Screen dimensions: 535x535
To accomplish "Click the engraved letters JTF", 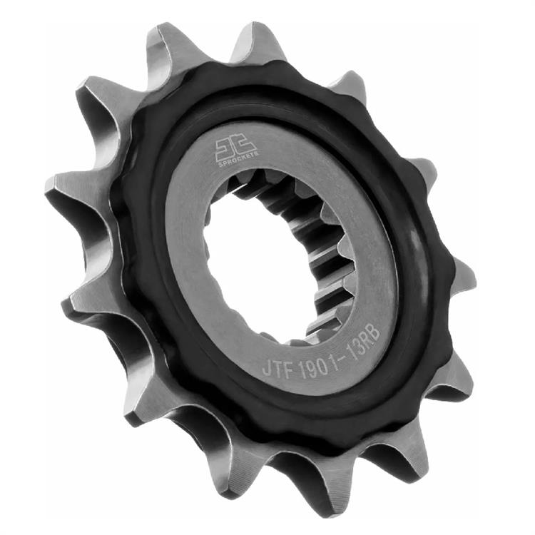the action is (277, 367).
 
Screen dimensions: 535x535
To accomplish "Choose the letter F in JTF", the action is (288, 367).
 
